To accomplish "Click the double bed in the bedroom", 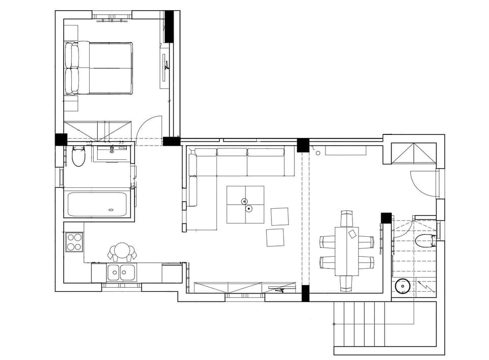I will (x=99, y=68).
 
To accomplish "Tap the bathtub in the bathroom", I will (x=97, y=204).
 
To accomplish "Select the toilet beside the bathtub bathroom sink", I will (x=78, y=157).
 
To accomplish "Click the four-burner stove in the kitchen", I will (x=74, y=242).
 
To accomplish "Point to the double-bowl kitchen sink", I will (x=121, y=272).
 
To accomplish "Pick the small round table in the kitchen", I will (x=122, y=250).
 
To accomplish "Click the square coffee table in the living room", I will (x=246, y=204).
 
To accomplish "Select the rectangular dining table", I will (x=346, y=251).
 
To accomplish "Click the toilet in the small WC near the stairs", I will (x=424, y=241).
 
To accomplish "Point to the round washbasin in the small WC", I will (x=403, y=286).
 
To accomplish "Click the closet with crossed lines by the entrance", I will (x=413, y=153).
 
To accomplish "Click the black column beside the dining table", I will (x=386, y=218).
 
